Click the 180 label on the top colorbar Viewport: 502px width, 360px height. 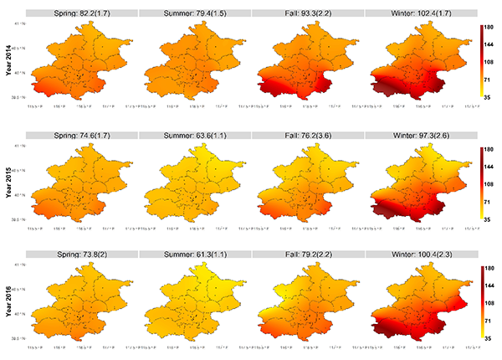point(490,28)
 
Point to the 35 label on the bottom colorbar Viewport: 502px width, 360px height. point(489,339)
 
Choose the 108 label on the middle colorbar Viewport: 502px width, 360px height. point(490,184)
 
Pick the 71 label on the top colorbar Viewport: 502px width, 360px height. point(489,82)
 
